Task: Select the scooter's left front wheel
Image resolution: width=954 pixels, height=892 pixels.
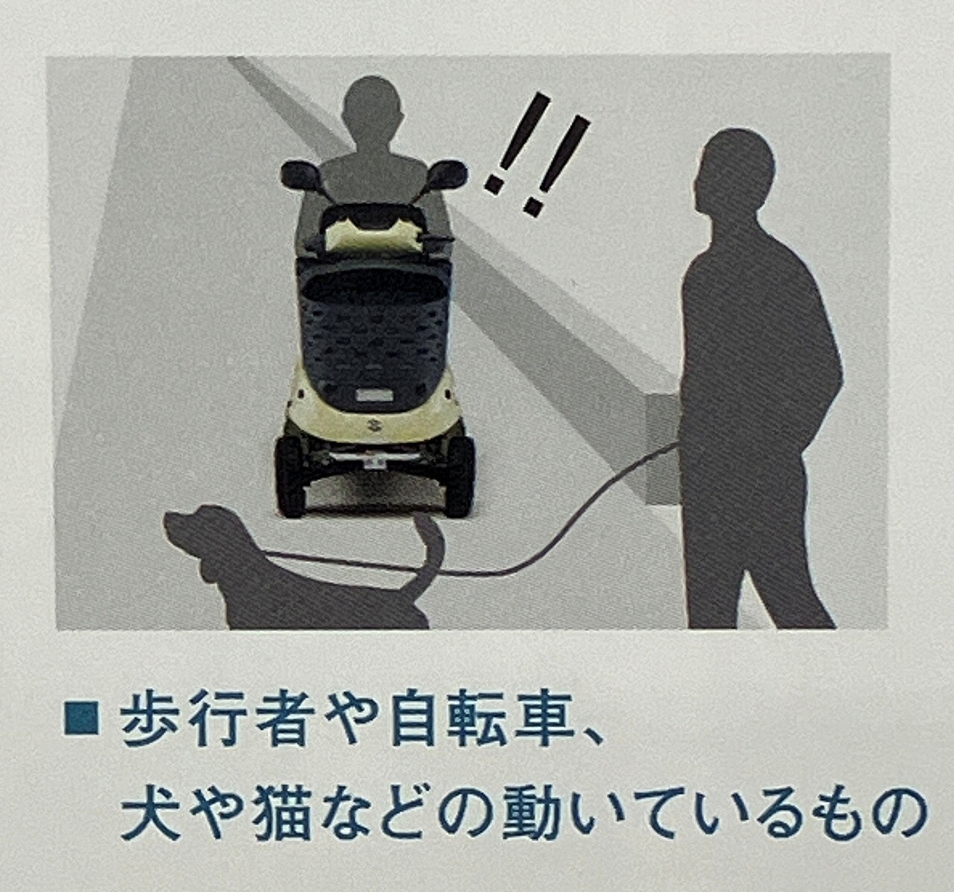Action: [x=291, y=475]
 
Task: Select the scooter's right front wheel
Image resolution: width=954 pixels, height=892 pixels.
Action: [x=460, y=475]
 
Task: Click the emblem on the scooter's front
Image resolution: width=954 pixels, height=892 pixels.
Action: [x=373, y=425]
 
